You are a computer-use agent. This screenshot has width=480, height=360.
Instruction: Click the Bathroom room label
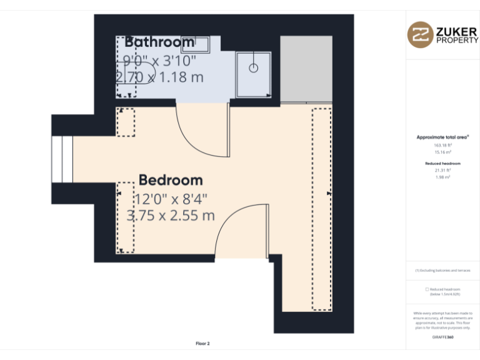click(159, 42)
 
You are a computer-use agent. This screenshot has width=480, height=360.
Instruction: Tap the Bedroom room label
click(171, 180)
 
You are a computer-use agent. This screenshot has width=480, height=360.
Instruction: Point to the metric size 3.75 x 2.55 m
click(171, 216)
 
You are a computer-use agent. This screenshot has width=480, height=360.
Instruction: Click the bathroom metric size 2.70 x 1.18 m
click(159, 77)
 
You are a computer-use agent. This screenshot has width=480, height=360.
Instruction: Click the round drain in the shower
click(254, 67)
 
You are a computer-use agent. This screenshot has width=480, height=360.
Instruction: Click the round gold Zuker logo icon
click(420, 34)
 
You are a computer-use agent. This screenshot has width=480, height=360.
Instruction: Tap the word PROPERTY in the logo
click(457, 40)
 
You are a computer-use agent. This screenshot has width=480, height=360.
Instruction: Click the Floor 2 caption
click(203, 344)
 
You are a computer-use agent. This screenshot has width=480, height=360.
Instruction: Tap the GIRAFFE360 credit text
click(443, 337)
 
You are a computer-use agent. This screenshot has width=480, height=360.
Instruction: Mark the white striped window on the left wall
click(62, 159)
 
